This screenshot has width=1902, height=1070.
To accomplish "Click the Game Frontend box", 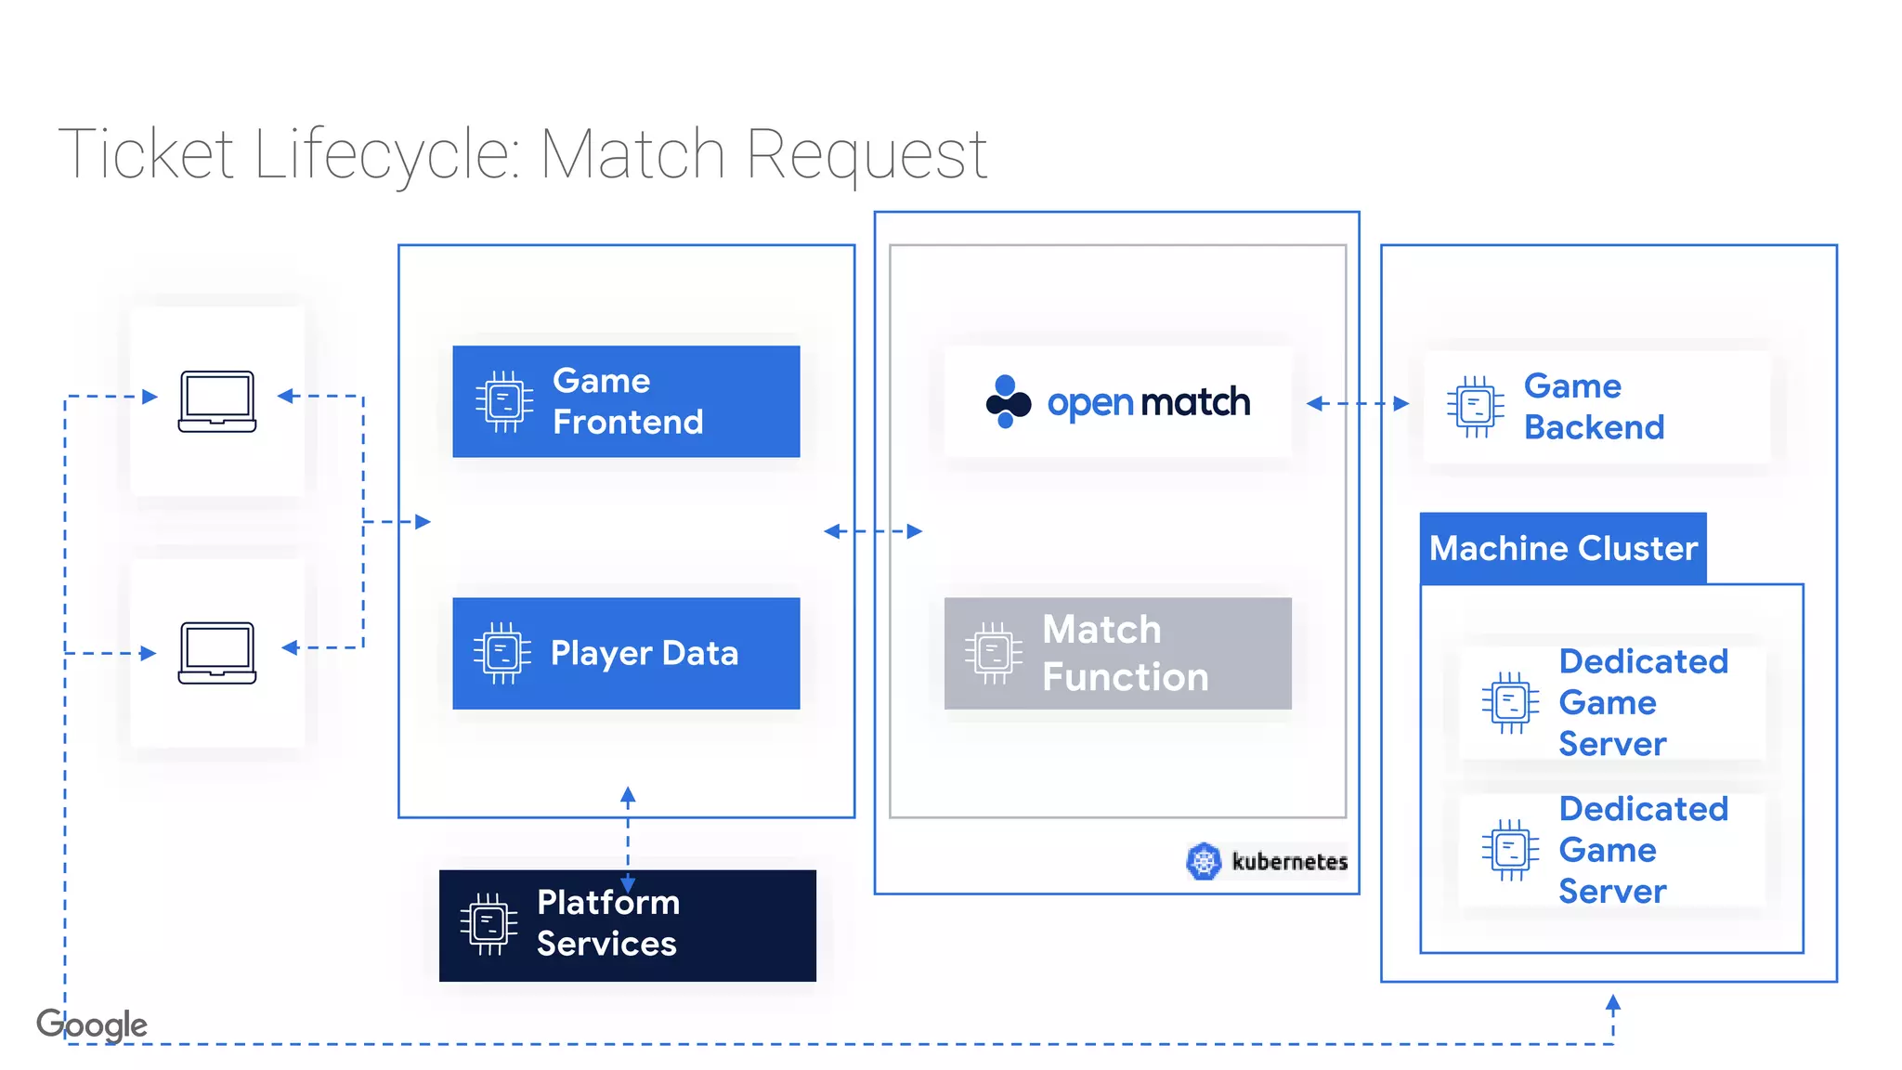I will point(626,401).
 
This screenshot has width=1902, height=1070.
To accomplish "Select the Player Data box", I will point(626,653).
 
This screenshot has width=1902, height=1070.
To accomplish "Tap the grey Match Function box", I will point(1117,653).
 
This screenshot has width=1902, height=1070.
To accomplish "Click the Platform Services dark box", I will point(627,925).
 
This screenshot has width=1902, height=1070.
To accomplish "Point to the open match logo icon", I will point(1008,402).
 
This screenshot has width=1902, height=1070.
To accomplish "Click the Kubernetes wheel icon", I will point(1204,861).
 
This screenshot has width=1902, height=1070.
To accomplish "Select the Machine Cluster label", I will point(1563,548).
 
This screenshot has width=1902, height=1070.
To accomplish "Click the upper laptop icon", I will point(217,401).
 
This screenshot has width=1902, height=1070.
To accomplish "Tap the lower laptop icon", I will point(217,653).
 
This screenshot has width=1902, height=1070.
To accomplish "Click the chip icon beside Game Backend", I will point(1475,407).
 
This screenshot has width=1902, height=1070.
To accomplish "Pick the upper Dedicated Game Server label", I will point(1643,702).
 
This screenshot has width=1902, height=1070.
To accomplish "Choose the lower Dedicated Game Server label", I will point(1643,850).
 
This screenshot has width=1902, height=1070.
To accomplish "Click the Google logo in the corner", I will point(92,1024).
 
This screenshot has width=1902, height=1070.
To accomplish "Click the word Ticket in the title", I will point(146,153).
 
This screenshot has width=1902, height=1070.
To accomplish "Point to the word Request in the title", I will point(866,153).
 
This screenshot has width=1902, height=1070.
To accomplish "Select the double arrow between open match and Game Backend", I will point(1357,403).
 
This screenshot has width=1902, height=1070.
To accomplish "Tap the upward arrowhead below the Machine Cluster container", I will point(1613,1003).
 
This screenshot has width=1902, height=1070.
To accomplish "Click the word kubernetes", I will point(1289,862).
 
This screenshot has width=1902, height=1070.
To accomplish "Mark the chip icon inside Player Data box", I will point(502,653).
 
